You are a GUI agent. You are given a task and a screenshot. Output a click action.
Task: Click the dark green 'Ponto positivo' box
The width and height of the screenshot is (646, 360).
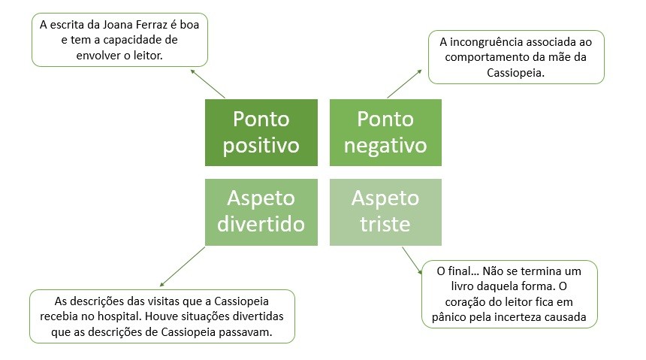(261, 132)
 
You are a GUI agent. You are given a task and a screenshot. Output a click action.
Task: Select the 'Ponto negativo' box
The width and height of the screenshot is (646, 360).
(385, 132)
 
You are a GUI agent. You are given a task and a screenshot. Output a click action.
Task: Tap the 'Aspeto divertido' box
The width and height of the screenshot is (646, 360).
(261, 212)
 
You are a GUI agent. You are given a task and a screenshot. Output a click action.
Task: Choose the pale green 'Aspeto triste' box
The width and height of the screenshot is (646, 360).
(385, 212)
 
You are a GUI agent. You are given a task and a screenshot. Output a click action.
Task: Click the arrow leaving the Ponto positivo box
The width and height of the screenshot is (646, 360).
(207, 83)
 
